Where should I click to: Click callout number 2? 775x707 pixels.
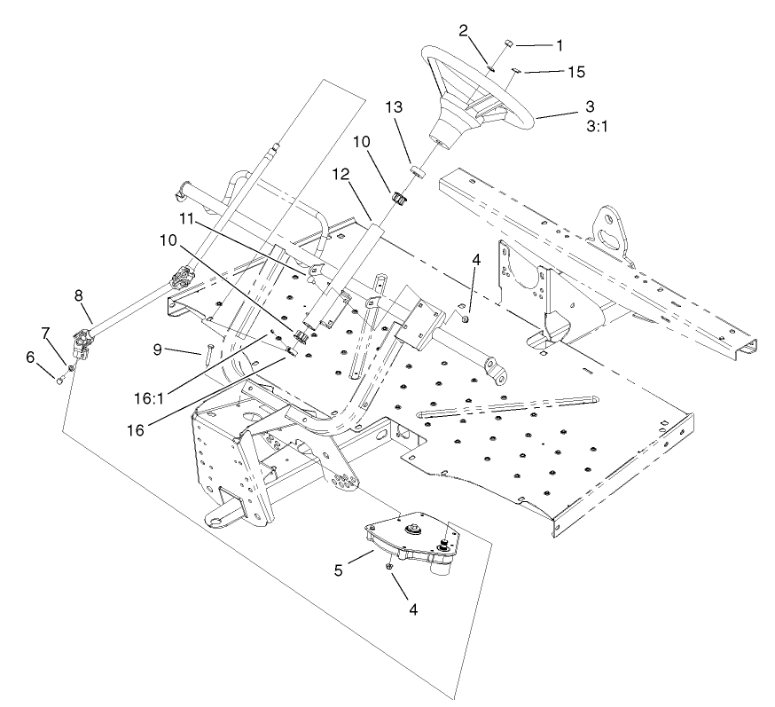pyautogui.click(x=463, y=30)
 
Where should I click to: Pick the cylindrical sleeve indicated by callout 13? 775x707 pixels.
pyautogui.click(x=418, y=170)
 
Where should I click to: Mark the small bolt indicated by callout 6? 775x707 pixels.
pyautogui.click(x=59, y=381)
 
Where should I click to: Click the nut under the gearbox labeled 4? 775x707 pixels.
pyautogui.click(x=389, y=565)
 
